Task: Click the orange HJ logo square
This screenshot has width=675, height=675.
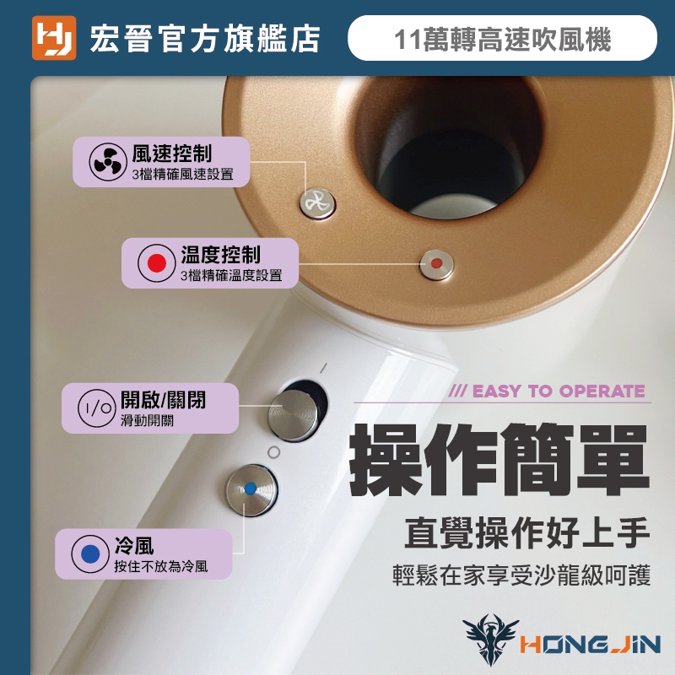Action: pos(54,38)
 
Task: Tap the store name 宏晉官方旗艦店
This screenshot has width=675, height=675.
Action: pos(205,39)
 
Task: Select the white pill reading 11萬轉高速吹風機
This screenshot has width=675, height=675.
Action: pos(502,38)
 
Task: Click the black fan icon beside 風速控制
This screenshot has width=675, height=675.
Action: pos(108,162)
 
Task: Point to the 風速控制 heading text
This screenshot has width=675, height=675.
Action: pos(172,154)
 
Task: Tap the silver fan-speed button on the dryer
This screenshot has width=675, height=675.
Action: pos(318,202)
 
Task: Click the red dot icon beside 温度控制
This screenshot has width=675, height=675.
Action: pos(157,263)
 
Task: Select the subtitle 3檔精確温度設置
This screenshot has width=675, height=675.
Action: pos(231,275)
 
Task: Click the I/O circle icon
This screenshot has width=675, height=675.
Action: pos(97,408)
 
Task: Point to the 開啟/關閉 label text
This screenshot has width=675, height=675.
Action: pos(163,400)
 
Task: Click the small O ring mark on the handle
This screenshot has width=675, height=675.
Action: pos(273,452)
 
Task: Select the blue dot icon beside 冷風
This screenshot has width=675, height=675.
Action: pos(90,553)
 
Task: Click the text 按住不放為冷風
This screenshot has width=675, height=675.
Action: pos(160,566)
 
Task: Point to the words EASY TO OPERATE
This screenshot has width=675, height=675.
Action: pos(559,391)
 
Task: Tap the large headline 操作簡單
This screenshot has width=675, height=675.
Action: pos(499,460)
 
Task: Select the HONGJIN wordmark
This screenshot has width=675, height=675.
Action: pos(590,645)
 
